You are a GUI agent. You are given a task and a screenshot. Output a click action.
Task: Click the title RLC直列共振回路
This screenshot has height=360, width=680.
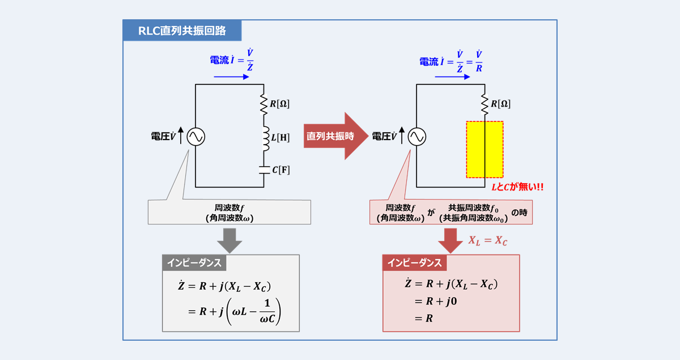pos(182,31)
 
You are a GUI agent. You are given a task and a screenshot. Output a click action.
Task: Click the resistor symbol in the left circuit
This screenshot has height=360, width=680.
pos(263,104)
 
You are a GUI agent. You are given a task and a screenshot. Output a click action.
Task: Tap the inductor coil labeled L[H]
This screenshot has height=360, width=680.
pos(266,138)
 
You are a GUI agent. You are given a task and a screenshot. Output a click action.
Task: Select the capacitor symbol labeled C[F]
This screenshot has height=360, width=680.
pos(264,170)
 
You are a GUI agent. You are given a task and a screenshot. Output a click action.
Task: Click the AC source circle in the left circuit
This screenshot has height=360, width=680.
pos(196,137)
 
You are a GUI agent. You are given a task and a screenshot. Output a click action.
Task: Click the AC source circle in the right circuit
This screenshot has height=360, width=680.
pos(417,137)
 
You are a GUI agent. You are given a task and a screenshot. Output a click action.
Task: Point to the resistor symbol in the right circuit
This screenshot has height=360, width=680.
pos(484,104)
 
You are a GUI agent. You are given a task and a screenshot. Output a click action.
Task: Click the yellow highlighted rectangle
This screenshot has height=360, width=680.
pos(485,150)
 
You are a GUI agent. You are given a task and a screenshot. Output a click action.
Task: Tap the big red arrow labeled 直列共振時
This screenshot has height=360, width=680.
pos(336,136)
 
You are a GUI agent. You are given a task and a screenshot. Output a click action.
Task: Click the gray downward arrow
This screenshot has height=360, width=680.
pos(229,240)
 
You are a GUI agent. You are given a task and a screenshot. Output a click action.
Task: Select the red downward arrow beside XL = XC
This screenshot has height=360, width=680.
pos(450,240)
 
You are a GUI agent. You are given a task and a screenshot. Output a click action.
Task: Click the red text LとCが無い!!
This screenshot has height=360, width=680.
pos(517,187)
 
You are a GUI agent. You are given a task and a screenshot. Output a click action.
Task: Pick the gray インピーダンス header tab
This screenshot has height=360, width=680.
pos(194,263)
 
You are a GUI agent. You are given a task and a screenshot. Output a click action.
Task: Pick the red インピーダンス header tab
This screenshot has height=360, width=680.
pos(415,263)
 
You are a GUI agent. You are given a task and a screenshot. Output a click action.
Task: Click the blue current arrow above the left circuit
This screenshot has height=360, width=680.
pos(231,77)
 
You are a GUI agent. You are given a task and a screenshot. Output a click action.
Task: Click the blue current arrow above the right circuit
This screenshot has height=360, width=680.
pos(452,77)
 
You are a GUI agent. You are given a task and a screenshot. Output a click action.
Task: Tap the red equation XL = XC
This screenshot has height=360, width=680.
pos(487,241)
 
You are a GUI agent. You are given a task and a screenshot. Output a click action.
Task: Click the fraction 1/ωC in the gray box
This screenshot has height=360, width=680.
pos(267,311)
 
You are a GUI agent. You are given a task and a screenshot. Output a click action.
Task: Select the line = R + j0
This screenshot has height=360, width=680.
pos(436,301)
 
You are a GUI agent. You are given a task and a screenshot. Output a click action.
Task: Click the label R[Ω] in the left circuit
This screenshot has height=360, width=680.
pos(279,104)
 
